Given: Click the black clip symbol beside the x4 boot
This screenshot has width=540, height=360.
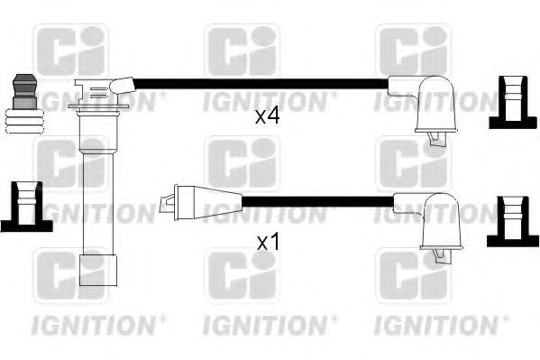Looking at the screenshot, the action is (x=510, y=99).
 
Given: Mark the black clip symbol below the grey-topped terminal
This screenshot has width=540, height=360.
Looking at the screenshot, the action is (x=22, y=206).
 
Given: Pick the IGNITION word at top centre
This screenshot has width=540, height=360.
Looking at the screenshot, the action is (x=261, y=101).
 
